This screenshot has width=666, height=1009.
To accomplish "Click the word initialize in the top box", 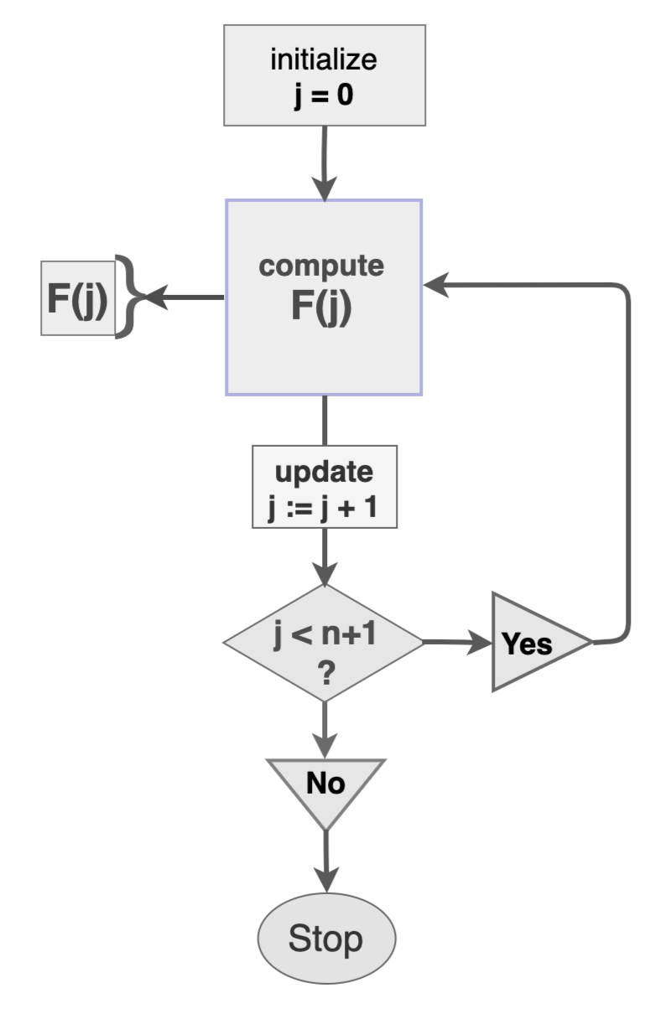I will pos(324,60).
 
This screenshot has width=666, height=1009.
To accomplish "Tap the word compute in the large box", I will pos(322,266).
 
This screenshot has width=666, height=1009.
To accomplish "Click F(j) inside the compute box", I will pos(322,306).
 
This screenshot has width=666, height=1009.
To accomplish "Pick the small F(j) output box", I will pos(77,298).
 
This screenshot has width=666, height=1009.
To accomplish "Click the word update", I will pos(324,472).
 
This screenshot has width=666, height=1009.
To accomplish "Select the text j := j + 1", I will pos(324,507).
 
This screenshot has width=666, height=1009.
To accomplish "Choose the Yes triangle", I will pos(533,643).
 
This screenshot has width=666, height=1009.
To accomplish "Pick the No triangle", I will pos(325,786).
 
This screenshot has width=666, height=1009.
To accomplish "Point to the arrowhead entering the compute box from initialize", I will pos(325,189).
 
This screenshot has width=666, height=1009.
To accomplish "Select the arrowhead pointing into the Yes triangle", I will pos(481,643).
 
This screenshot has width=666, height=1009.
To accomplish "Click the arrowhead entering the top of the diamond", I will pos(325,577).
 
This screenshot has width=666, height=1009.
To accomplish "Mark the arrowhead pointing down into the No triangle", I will pos(325,747).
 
